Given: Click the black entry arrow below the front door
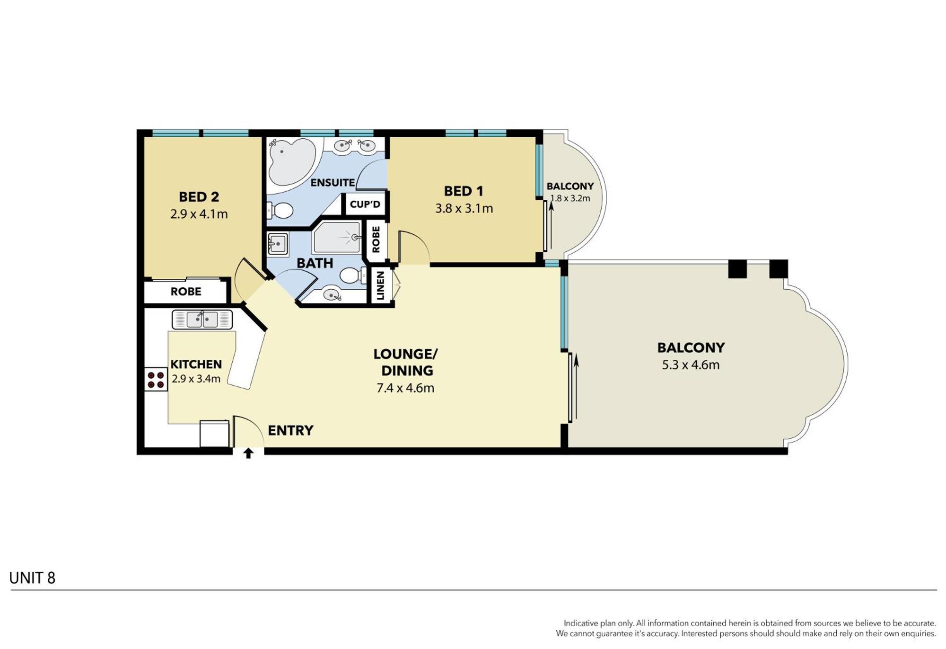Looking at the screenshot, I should [248, 453].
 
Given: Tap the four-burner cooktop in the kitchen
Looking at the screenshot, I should [156, 380].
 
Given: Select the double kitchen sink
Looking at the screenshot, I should [202, 320].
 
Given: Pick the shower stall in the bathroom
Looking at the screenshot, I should [337, 238].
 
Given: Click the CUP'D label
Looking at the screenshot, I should [365, 204].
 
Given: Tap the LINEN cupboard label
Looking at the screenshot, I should [380, 286].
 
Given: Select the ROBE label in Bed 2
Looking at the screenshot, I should [186, 292].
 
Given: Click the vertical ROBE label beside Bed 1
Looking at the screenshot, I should [376, 240].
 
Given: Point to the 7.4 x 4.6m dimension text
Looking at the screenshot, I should [405, 388].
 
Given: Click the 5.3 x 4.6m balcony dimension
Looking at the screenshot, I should [691, 365].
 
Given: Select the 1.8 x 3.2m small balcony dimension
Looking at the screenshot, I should [570, 198].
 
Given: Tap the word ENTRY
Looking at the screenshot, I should [290, 430].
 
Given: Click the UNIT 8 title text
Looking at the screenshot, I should [32, 578].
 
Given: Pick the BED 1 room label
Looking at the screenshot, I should [464, 191].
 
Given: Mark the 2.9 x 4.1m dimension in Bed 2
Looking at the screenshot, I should [199, 214].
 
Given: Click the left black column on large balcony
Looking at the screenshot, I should [737, 269].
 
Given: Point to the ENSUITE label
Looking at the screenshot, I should [333, 182].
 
